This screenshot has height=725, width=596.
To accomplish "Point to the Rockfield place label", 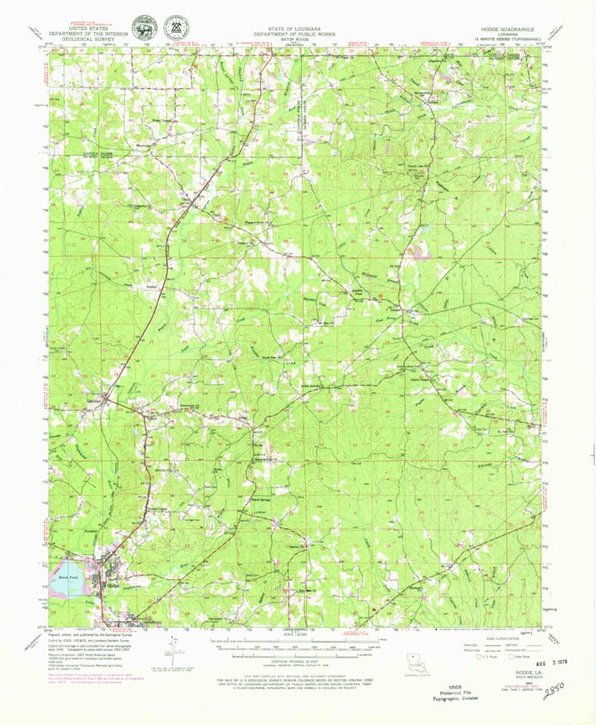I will click(x=92, y=530).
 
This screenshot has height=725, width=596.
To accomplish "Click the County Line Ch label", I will click(x=416, y=167).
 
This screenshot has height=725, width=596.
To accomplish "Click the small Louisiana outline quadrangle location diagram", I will click(x=410, y=662).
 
